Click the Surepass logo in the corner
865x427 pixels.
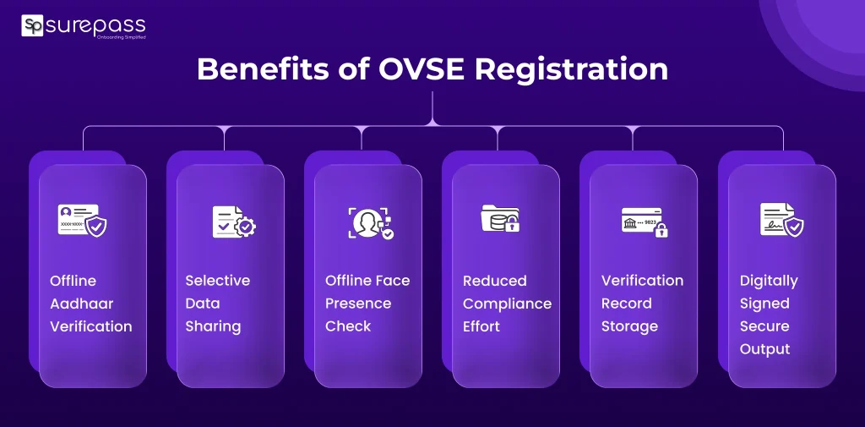click(83, 26)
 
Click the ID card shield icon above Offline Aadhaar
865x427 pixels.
click(82, 221)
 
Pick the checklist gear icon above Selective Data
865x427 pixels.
click(233, 221)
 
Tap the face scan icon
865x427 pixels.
click(371, 222)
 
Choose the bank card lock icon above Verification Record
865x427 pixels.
click(645, 221)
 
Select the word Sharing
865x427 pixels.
click(213, 326)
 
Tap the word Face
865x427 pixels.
click(390, 281)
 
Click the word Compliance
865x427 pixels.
click(507, 304)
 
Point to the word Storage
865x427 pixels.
click(629, 326)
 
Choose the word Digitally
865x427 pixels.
click(769, 281)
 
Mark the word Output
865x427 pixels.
click(765, 349)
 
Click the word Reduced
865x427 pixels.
click(494, 281)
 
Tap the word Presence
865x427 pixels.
click(358, 304)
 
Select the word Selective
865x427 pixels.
click(218, 281)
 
